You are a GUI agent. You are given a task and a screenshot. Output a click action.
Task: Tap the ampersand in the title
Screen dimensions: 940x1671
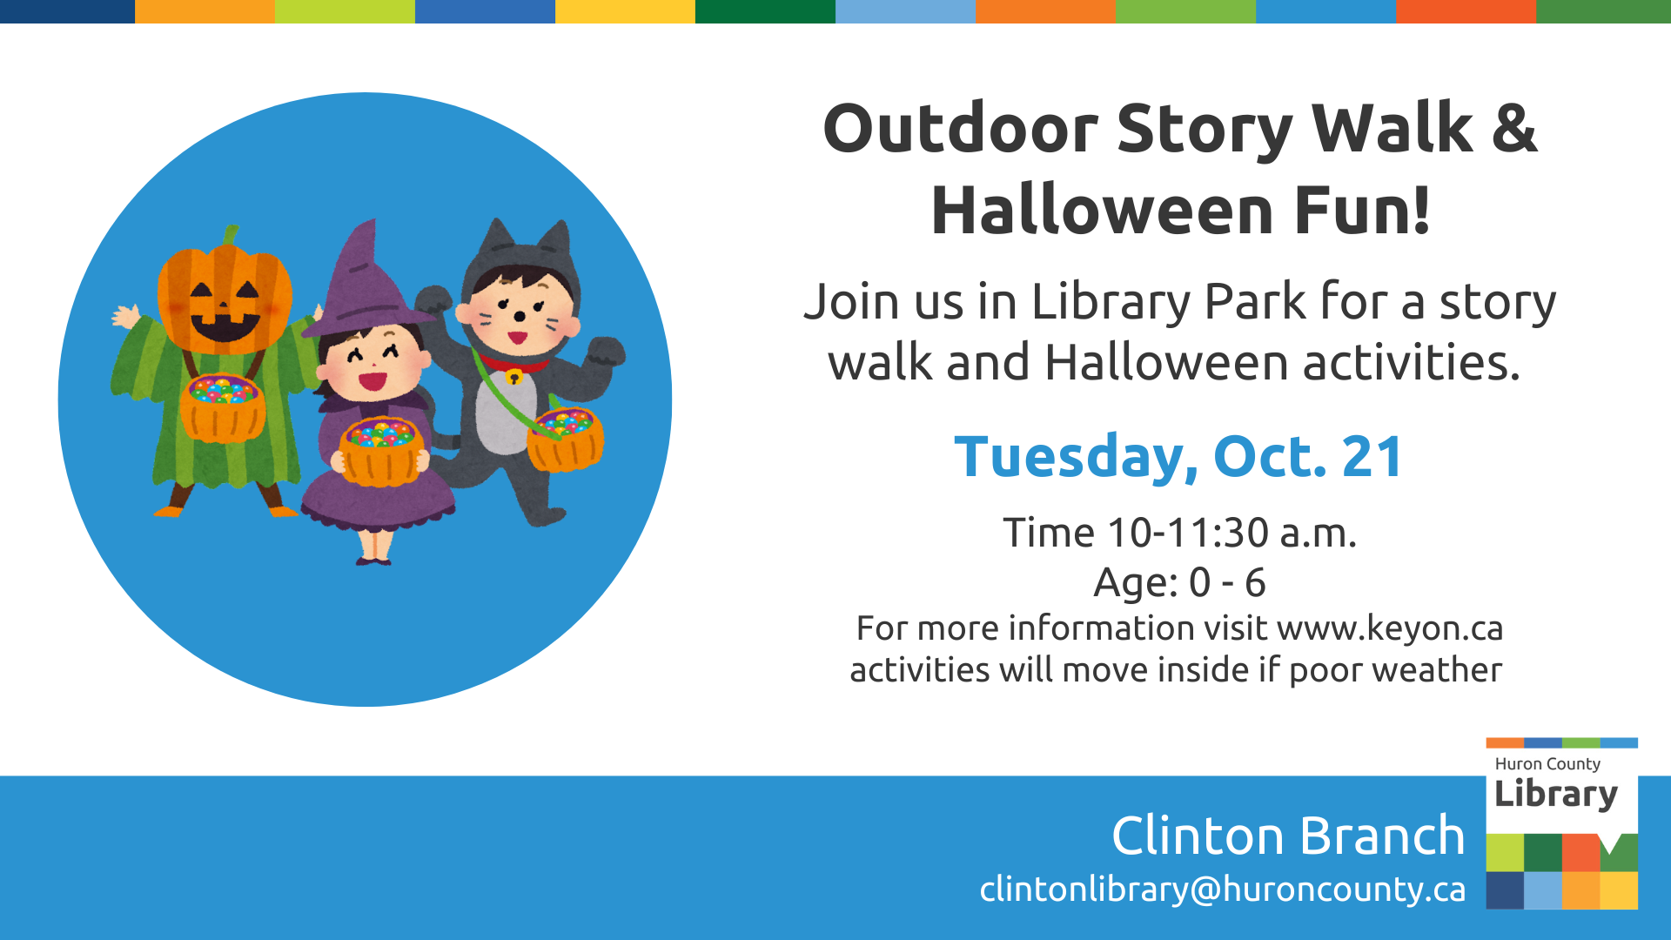[x=1513, y=129]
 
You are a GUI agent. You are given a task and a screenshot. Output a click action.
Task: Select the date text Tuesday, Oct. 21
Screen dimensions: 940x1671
[x=1178, y=457]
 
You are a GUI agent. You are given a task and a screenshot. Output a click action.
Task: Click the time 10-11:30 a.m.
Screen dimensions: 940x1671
[x=1231, y=533]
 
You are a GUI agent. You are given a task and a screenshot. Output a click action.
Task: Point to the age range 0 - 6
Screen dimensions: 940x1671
[x=1227, y=582]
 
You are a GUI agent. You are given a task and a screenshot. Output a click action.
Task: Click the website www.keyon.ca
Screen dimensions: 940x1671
[x=1390, y=628]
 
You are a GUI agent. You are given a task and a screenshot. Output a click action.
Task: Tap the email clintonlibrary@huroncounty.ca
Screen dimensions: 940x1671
[x=1222, y=890]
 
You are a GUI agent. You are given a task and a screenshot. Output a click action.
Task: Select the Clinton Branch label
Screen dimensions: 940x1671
[x=1287, y=836]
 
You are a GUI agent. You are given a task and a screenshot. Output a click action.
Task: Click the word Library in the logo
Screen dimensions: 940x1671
[x=1555, y=795]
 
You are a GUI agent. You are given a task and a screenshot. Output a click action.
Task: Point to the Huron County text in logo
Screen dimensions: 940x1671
[x=1547, y=764]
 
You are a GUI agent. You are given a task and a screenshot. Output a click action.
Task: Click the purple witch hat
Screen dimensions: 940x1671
[x=366, y=279]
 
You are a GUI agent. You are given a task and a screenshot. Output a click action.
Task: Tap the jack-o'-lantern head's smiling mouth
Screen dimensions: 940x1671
[x=225, y=328]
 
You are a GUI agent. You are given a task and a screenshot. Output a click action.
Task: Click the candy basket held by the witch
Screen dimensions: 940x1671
[x=381, y=451]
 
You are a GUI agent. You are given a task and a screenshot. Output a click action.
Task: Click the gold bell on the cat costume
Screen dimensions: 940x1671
[x=514, y=377]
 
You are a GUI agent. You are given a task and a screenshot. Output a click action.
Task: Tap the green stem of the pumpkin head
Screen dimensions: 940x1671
[x=230, y=236]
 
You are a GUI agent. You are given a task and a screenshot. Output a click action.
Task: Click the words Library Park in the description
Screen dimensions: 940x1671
[x=1168, y=303]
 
